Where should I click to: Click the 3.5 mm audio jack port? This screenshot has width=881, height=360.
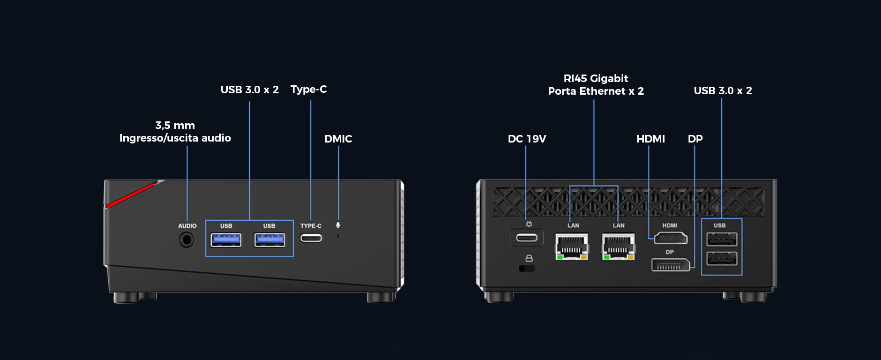point(187,240)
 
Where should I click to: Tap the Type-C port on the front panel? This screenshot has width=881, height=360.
point(311,238)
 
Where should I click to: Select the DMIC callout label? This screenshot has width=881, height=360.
point(338,139)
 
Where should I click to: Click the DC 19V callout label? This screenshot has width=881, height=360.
point(527,139)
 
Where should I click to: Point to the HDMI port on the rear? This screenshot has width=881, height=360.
point(671,239)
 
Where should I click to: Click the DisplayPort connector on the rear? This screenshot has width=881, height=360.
point(670,265)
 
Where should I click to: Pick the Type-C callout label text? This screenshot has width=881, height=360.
point(308,89)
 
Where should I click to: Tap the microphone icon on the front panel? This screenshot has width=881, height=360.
point(338,225)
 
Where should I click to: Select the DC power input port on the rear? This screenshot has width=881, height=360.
point(527,238)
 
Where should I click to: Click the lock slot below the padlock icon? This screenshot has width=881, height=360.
point(527,269)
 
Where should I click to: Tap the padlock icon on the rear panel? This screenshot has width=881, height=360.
point(529,258)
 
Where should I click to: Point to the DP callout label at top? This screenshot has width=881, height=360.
point(695,139)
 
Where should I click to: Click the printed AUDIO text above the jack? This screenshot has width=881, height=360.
point(187,226)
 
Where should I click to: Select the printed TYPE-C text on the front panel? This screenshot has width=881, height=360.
point(311,226)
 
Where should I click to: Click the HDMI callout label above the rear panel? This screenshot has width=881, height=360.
point(650,139)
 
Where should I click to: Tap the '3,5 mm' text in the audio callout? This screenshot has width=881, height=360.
point(175,125)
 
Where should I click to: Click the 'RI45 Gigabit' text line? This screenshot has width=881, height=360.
point(596,78)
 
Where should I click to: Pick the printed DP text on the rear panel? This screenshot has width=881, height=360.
point(670,252)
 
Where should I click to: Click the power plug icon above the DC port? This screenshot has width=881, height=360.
point(529,224)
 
